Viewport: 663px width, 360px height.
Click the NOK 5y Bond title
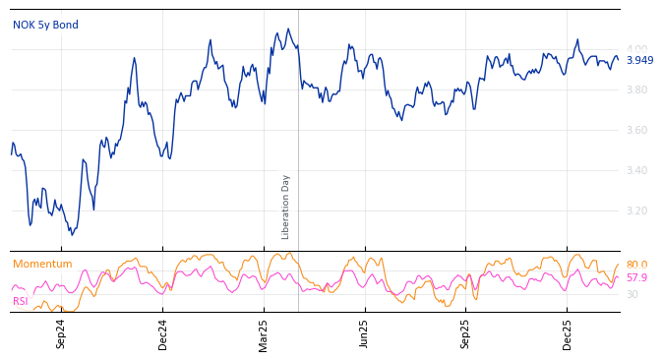[x=45, y=26]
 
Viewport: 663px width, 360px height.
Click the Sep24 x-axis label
[x=61, y=333]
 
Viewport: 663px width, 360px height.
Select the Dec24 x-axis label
[x=163, y=333]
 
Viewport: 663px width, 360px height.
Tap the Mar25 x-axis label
[x=264, y=333]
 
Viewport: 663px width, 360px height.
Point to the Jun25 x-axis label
[x=364, y=333]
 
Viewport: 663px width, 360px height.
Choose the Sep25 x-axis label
[x=465, y=333]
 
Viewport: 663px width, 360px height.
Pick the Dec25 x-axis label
[x=568, y=333]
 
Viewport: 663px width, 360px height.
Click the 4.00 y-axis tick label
[x=636, y=50]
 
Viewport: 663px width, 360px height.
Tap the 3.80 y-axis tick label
[x=636, y=90]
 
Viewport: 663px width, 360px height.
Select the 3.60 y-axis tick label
[x=636, y=131]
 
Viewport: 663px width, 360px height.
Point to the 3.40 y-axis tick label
[x=636, y=171]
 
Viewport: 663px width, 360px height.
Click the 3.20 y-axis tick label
[x=636, y=211]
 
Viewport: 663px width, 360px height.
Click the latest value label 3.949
[x=639, y=61]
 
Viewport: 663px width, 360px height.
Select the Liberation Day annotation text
[x=286, y=207]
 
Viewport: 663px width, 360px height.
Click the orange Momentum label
[x=42, y=265]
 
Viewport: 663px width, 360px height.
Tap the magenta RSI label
[x=20, y=302]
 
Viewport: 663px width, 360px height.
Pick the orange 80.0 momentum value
[x=636, y=266]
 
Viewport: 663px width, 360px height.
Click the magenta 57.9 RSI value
[x=636, y=278]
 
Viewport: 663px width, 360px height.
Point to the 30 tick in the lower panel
[x=632, y=295]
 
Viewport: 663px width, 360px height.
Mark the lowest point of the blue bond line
[x=72, y=235]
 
